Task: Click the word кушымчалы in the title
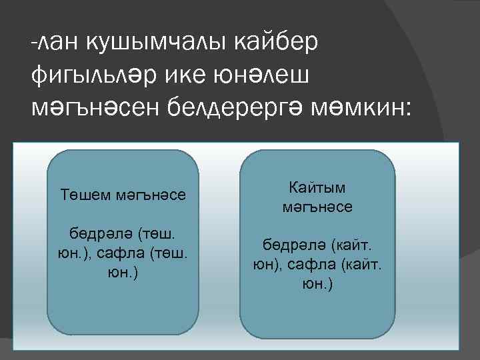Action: (x=155, y=43)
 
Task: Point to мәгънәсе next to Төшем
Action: (x=151, y=195)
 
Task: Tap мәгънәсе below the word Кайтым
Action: (x=317, y=207)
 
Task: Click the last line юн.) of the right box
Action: (x=317, y=285)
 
